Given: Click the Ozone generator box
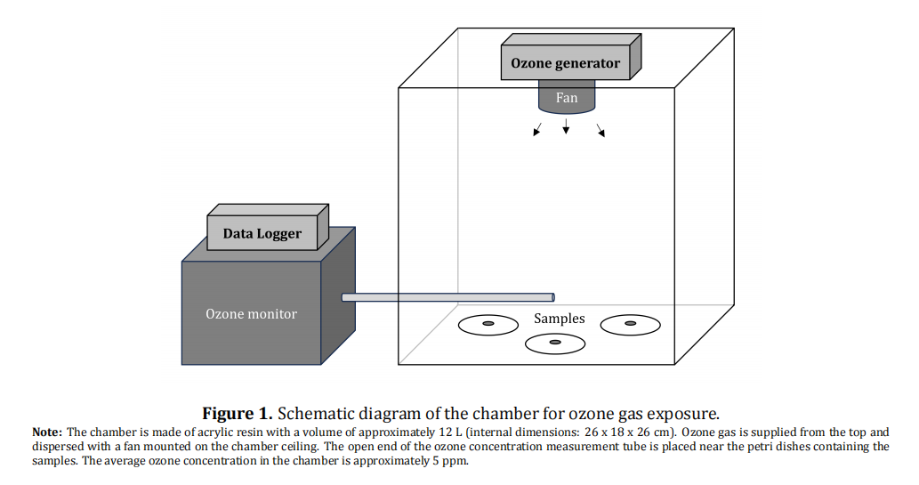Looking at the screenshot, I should [x=566, y=63].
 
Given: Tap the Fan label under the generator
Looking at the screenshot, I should [x=567, y=98].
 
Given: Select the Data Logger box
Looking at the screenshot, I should [x=262, y=234].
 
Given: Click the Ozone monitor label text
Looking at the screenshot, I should [x=251, y=313].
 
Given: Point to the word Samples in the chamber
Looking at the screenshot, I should [x=559, y=318].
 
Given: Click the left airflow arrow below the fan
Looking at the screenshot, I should [x=537, y=131].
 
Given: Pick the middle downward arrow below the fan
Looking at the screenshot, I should [x=566, y=128].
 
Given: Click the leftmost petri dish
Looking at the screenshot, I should [x=488, y=325].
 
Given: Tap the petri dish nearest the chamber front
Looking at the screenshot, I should [x=555, y=343].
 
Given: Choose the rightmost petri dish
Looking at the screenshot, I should [x=631, y=324].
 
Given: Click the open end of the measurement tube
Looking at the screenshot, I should [x=552, y=297].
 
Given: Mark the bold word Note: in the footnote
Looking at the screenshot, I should [x=47, y=432].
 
